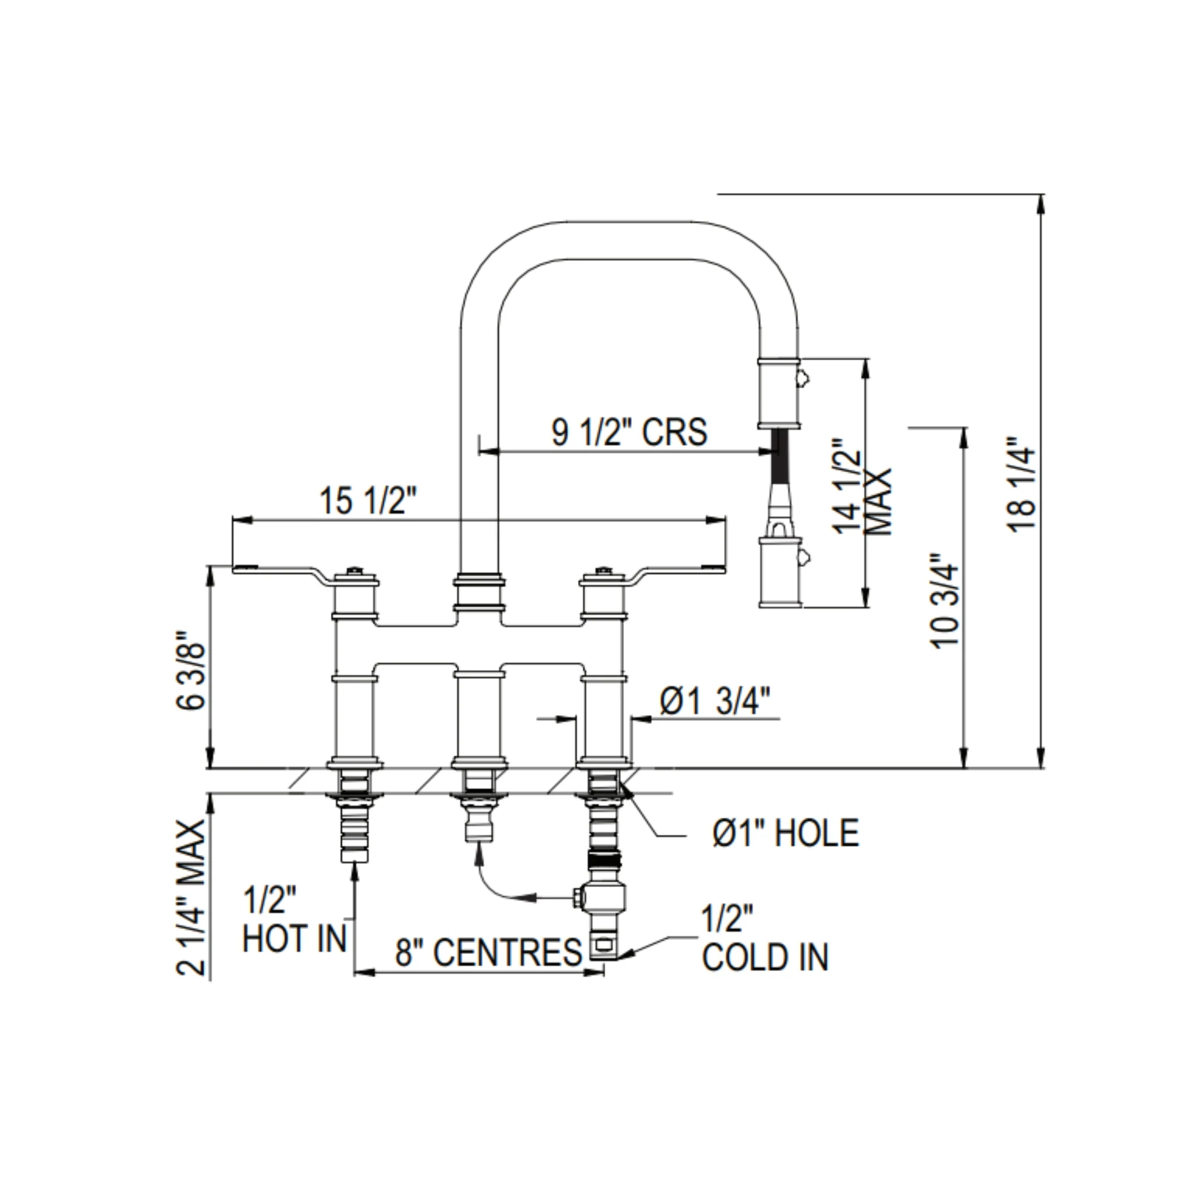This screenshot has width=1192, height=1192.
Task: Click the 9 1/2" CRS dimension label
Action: click(629, 432)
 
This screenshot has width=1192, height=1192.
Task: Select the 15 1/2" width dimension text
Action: click(368, 501)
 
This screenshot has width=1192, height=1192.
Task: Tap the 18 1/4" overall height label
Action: click(1021, 484)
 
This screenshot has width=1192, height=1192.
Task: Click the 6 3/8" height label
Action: click(191, 670)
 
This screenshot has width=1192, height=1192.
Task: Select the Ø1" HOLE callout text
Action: click(785, 832)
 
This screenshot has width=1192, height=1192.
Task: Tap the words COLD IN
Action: click(765, 957)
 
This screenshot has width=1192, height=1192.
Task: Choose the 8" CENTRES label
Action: click(489, 952)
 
